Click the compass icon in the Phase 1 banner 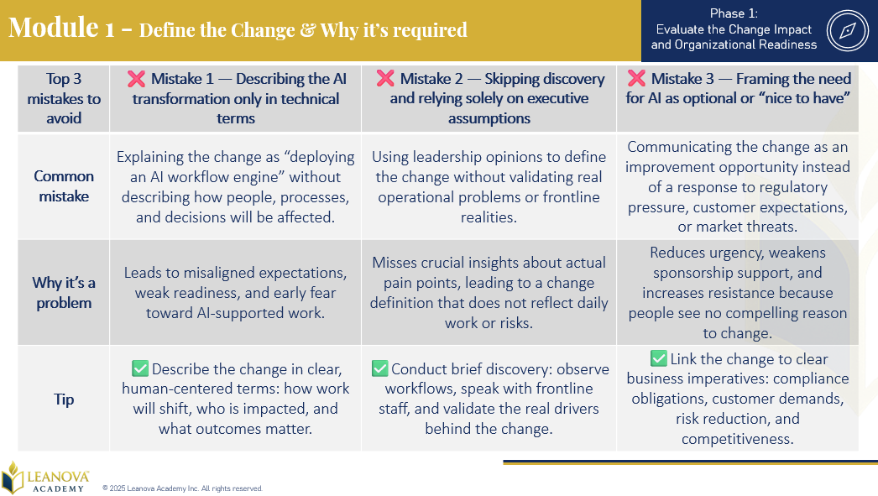(x=847, y=30)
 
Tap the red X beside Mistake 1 (x=136, y=79)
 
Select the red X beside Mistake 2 (x=385, y=78)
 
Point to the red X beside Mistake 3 (x=636, y=78)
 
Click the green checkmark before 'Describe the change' (x=140, y=368)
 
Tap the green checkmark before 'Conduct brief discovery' (x=379, y=368)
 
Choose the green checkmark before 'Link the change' (x=658, y=358)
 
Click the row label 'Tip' (x=64, y=399)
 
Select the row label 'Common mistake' (x=64, y=185)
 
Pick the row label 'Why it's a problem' (x=64, y=293)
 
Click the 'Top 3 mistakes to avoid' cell (x=64, y=98)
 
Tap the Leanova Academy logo (x=44, y=478)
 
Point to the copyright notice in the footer (x=182, y=488)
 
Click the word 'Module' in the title (x=54, y=28)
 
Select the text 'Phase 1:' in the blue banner (x=734, y=13)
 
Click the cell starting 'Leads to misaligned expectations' (x=235, y=293)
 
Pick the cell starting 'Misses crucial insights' (x=489, y=293)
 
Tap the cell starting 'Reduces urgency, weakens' (x=738, y=293)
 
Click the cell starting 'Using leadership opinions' (x=489, y=187)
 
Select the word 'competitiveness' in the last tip (x=738, y=439)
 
